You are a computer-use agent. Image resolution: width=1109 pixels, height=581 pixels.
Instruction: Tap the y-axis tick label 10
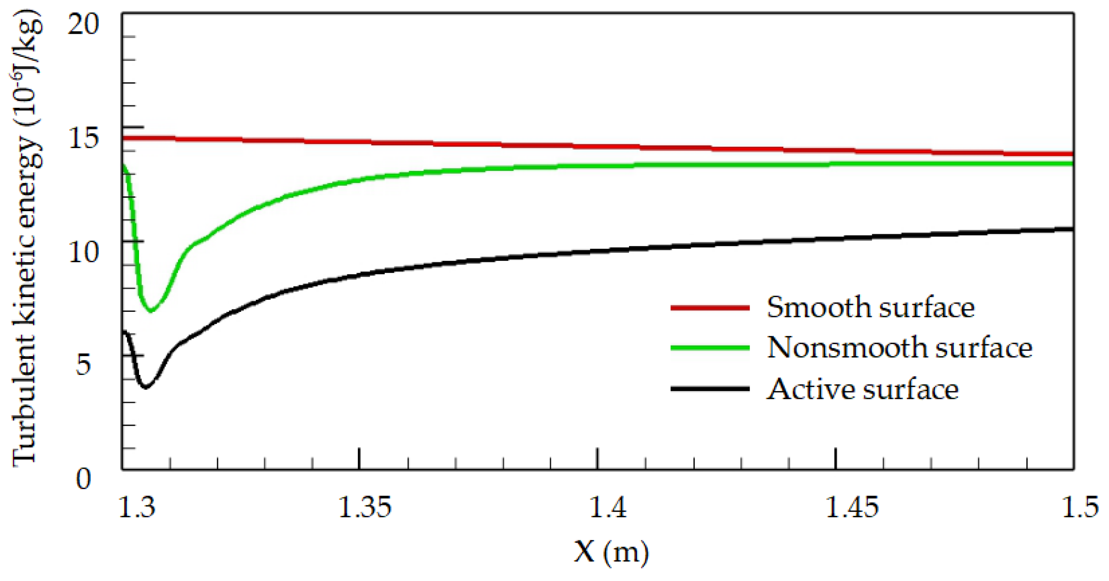pyautogui.click(x=83, y=252)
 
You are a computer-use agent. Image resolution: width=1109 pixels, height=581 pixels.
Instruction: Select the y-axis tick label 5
pyautogui.click(x=83, y=364)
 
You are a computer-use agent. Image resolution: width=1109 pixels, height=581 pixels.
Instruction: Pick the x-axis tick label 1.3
pyautogui.click(x=136, y=507)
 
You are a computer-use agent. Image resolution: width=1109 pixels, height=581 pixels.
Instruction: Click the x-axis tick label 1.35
pyautogui.click(x=365, y=507)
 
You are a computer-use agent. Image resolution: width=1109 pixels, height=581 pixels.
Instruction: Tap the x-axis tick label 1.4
pyautogui.click(x=607, y=507)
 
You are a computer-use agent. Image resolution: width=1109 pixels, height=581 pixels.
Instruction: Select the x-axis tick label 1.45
pyautogui.click(x=851, y=507)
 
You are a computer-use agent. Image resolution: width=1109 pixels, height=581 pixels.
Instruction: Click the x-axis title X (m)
pyautogui.click(x=611, y=552)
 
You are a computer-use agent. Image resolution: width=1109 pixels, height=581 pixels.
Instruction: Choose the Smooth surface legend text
pyautogui.click(x=870, y=307)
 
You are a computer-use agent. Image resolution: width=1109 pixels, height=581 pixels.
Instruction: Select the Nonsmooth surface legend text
pyautogui.click(x=899, y=348)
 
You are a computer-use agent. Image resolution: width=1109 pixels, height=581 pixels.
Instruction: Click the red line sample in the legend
pyautogui.click(x=710, y=308)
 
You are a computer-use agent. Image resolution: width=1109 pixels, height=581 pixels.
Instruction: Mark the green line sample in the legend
pyautogui.click(x=710, y=348)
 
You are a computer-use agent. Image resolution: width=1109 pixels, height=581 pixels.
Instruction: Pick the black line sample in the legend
pyautogui.click(x=710, y=389)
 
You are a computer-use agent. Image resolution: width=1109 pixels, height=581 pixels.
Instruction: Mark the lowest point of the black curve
pyautogui.click(x=145, y=387)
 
